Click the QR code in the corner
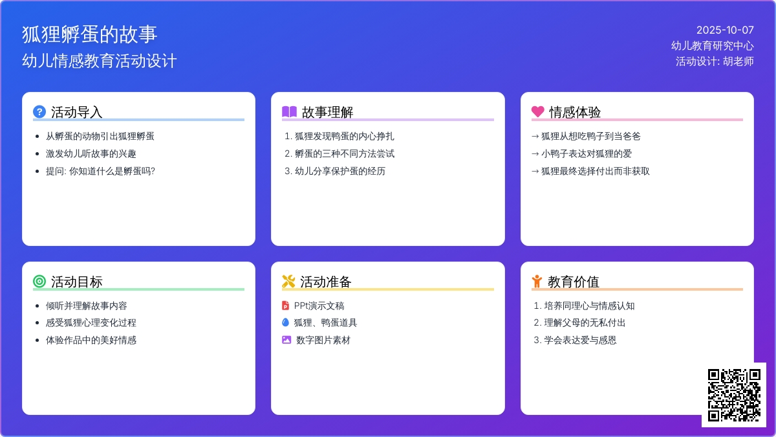[733, 394]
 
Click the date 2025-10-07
[725, 30]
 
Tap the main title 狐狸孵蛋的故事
[89, 34]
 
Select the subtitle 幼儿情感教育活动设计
[100, 61]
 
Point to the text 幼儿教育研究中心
[712, 45]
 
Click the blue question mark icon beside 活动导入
[39, 112]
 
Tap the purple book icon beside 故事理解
[289, 112]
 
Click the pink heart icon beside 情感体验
[538, 112]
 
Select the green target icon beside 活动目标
[39, 282]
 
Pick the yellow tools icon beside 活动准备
[288, 282]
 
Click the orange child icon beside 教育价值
[537, 282]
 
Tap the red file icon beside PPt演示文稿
[286, 306]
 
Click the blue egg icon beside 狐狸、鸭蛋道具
[286, 322]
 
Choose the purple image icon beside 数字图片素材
[286, 340]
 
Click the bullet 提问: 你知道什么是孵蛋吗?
[100, 171]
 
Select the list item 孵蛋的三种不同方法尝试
[344, 153]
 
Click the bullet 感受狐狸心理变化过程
[91, 322]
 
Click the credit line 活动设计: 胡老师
[715, 62]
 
